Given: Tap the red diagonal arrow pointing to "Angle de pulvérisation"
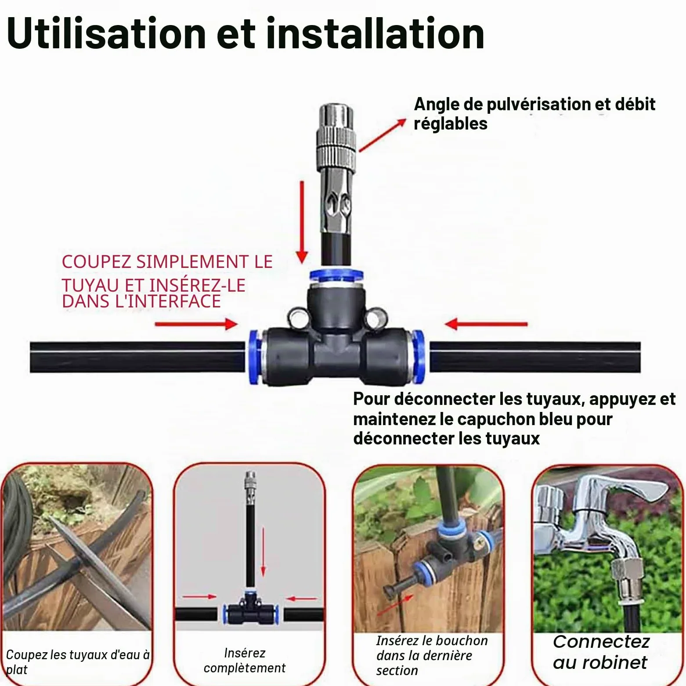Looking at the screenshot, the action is point(383,135).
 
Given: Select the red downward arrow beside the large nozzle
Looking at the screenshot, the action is point(302,222).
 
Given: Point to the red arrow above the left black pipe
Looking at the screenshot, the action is point(196,324).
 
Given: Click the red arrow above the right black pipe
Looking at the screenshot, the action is point(486,324).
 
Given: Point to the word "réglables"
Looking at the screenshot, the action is point(451,124).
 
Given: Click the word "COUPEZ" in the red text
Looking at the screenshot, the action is point(97,262).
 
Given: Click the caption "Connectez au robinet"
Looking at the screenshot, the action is point(601,652).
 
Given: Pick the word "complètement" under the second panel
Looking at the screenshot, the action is point(245,668).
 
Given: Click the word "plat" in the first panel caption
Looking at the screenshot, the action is point(17,670).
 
